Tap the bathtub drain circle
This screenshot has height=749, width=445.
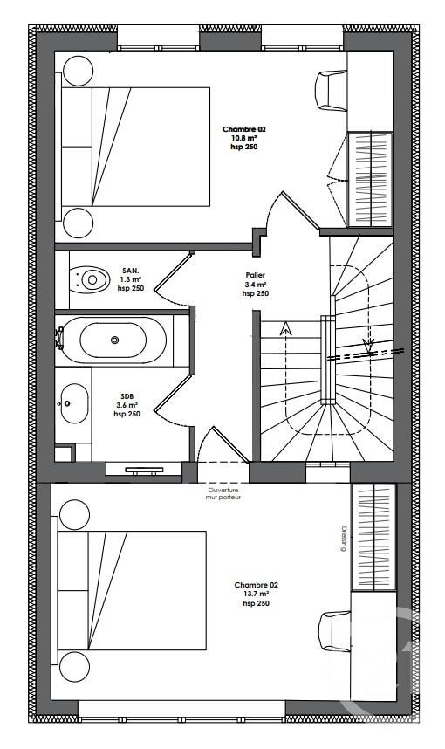114,340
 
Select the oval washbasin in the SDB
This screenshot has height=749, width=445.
74,403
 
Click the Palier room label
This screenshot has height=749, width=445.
255,275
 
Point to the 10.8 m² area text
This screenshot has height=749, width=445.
244,138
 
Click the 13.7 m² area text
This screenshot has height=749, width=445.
256,594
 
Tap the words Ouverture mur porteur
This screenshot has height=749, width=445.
223,493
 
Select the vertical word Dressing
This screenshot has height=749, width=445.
343,539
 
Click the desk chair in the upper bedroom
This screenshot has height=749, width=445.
331,91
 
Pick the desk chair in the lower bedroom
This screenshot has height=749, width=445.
334,631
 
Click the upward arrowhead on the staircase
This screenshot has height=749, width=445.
285,327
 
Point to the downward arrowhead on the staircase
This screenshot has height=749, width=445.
368,345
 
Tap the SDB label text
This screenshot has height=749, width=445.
127,396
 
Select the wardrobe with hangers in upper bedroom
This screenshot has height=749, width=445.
371,179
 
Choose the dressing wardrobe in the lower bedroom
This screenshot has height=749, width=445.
373,538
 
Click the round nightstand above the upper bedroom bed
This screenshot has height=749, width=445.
78,71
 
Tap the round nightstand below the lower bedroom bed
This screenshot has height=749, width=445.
74,666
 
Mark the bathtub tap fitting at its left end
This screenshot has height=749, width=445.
59,337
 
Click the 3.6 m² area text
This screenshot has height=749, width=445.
127,405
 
